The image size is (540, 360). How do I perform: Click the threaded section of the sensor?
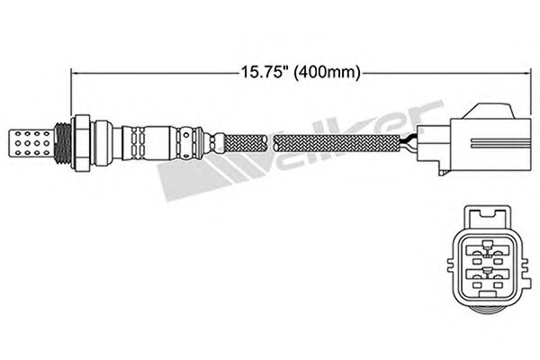click(x=63, y=142)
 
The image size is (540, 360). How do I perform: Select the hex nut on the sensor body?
click(x=81, y=142)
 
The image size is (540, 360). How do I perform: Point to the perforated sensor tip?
click(x=31, y=142)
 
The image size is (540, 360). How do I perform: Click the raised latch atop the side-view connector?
click(x=489, y=111)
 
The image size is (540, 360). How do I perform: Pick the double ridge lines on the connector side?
click(x=500, y=143)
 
